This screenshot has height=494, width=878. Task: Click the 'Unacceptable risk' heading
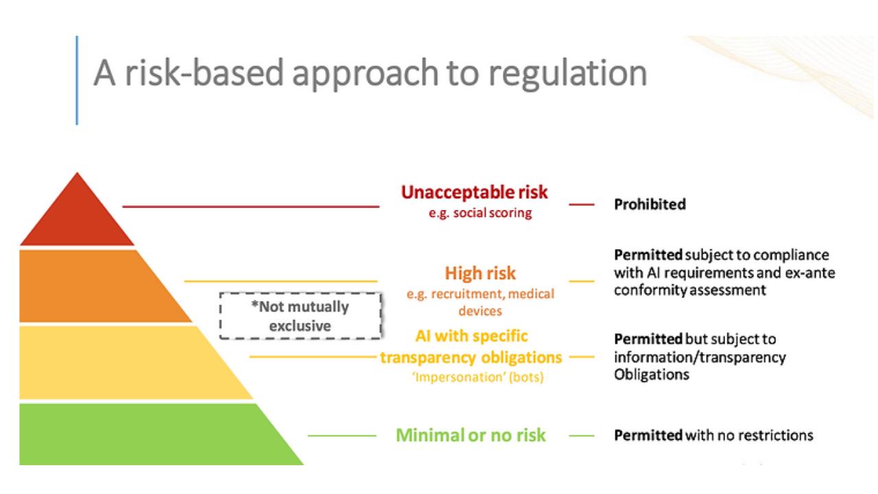(x=474, y=192)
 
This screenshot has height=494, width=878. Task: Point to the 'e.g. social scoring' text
(x=480, y=213)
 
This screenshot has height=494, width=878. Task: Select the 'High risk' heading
(x=480, y=273)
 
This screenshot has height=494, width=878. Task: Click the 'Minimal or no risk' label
(x=471, y=435)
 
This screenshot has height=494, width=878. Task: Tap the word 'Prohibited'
(x=650, y=204)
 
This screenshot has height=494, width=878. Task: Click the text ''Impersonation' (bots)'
(x=478, y=377)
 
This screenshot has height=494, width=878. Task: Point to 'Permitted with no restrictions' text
(x=714, y=436)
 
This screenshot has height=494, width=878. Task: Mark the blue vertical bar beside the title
(x=77, y=80)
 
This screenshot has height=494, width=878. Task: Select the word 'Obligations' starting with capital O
(x=652, y=375)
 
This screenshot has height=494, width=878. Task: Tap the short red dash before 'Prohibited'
(x=582, y=204)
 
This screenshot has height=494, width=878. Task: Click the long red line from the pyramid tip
(x=251, y=207)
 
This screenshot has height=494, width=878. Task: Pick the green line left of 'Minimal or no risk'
(x=342, y=436)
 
